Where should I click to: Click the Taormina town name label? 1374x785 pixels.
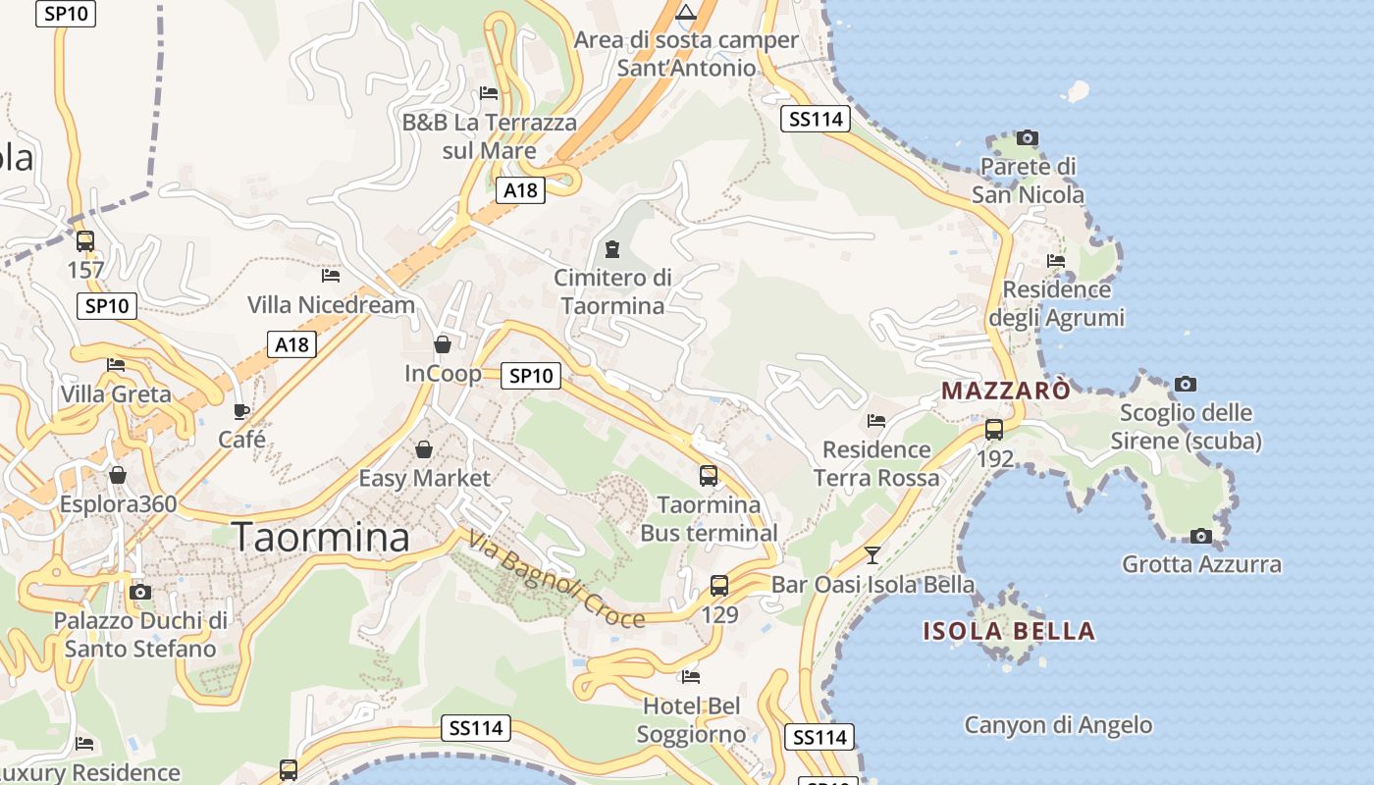(321, 538)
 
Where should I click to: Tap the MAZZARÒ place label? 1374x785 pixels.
(1006, 391)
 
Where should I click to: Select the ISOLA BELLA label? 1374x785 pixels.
(1009, 631)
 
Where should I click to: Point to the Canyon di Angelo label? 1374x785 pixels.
(1058, 725)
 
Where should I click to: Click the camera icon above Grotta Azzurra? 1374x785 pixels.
(1200, 536)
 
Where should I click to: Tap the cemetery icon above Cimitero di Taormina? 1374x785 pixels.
(613, 248)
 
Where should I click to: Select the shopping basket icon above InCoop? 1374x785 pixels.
(443, 344)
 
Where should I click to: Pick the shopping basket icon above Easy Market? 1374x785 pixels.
(424, 449)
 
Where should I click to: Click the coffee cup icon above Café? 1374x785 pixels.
(241, 411)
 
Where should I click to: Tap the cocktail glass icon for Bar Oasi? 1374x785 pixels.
(872, 555)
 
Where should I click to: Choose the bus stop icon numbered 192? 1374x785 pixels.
(994, 430)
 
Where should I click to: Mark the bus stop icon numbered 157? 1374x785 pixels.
(85, 240)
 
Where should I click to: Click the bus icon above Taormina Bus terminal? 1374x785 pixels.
(709, 476)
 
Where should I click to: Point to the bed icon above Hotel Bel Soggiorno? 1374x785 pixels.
(691, 677)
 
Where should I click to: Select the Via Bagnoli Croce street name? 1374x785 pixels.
(555, 580)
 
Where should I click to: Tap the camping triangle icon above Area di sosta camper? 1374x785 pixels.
(686, 12)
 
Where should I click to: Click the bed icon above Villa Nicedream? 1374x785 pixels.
(331, 276)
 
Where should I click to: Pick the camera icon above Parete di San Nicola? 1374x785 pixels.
(1028, 137)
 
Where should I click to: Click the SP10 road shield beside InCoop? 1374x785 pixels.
(531, 375)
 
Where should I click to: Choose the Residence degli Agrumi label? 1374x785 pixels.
(1056, 304)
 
